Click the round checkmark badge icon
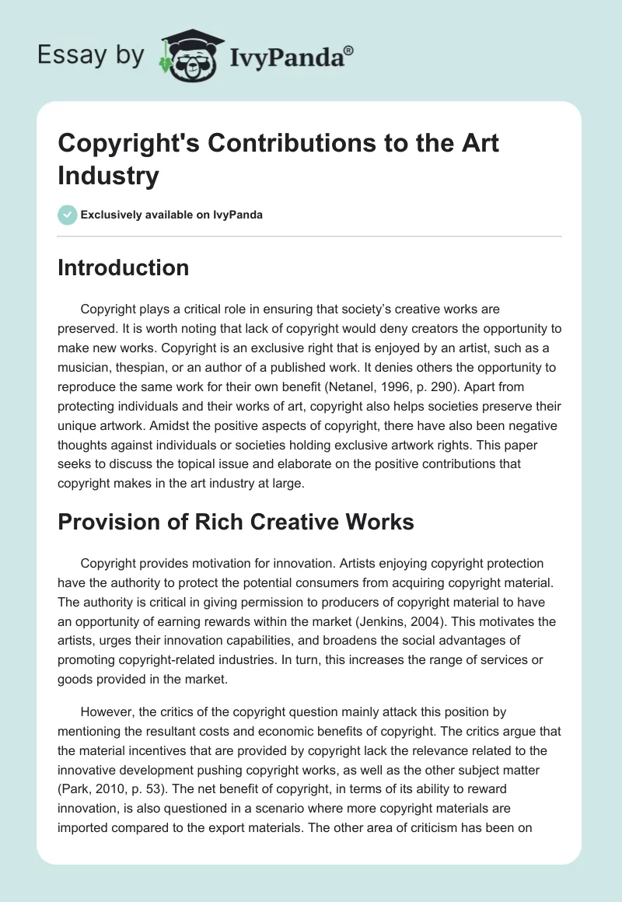pyautogui.click(x=67, y=215)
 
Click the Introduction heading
pyautogui.click(x=124, y=267)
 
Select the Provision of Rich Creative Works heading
pyautogui.click(x=236, y=522)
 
